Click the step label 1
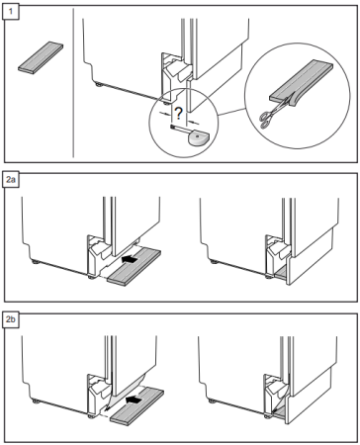click(11, 12)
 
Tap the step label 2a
click(11, 180)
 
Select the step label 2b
click(11, 320)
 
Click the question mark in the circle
click(178, 114)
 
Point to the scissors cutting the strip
click(273, 112)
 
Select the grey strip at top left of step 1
click(41, 57)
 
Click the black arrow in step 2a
click(130, 259)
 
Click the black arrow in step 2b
click(134, 400)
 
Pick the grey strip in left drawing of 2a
click(134, 267)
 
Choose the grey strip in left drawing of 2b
click(136, 406)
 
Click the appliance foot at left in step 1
click(99, 84)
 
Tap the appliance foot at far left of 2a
click(36, 262)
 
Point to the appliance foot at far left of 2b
click(36, 401)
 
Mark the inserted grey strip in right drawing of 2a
click(281, 272)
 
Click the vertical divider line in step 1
click(73, 83)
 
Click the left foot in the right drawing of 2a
click(215, 262)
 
